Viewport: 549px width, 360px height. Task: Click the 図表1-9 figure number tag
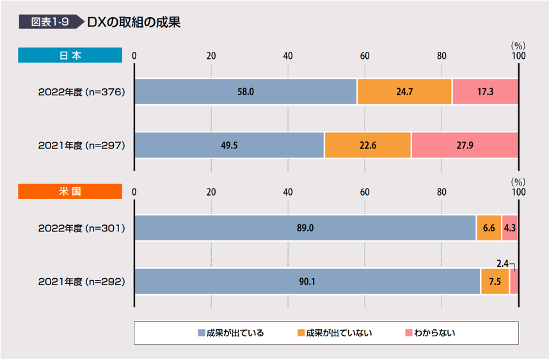50,22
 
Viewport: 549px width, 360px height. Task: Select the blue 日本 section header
70,56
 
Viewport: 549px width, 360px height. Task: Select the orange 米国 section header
70,191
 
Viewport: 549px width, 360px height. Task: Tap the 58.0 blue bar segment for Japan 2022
246,91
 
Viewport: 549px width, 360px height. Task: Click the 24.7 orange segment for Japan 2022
404,91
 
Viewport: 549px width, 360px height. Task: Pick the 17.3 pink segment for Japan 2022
485,91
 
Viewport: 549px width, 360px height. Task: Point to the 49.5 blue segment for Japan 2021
229,145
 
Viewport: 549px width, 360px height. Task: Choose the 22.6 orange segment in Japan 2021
367,145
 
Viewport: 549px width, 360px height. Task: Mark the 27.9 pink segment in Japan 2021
465,145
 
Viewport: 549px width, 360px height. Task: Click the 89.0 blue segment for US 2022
305,228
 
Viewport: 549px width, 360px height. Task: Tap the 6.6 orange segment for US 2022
489,228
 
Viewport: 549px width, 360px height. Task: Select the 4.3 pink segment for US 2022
510,228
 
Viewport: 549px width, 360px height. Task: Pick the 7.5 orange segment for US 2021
495,281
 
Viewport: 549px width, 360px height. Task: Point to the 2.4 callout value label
502,262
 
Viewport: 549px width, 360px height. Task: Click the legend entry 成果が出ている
231,333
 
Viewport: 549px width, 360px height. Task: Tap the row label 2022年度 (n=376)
81,92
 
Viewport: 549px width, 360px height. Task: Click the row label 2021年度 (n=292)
81,281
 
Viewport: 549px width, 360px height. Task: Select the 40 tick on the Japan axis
288,56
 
